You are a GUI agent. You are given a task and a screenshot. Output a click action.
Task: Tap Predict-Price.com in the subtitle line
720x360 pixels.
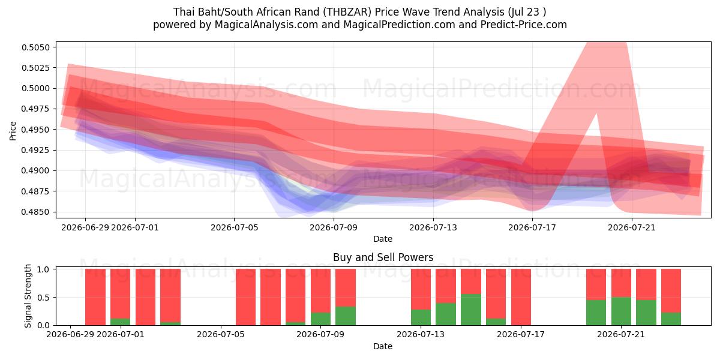coord(524,25)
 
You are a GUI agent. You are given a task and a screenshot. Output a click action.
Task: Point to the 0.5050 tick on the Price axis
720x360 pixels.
coord(35,47)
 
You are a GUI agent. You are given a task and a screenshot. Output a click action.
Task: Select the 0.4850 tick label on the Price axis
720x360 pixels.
coord(35,212)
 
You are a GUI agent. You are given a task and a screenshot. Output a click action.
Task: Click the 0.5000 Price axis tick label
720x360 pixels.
coord(35,88)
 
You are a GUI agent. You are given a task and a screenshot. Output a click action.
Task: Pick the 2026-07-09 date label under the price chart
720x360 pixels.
coord(334,227)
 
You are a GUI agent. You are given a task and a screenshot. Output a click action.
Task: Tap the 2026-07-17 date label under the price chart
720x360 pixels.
coord(532,227)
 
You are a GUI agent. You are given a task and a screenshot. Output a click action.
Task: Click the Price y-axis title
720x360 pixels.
coord(13,131)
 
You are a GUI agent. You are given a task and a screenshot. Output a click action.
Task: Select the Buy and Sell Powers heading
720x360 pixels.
coord(383,257)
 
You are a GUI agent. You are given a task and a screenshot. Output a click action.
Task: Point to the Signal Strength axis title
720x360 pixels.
coord(28,296)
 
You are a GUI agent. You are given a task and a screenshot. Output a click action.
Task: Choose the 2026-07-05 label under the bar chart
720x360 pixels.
coord(221,335)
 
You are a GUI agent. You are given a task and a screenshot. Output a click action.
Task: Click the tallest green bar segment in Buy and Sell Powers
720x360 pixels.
coord(471,310)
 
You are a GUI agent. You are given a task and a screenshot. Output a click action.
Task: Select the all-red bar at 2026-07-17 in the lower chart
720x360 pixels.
coord(521,297)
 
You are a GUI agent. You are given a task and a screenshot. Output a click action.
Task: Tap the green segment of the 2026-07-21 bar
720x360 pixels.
coord(621,311)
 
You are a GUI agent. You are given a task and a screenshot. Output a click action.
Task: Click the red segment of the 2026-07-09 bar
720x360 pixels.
coord(320,291)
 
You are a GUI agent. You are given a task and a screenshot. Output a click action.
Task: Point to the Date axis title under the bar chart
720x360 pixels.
coord(383,346)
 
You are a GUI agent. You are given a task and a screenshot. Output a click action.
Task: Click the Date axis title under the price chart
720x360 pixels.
coord(383,239)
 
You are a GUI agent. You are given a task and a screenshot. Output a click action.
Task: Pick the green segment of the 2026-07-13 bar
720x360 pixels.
coord(421,317)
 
